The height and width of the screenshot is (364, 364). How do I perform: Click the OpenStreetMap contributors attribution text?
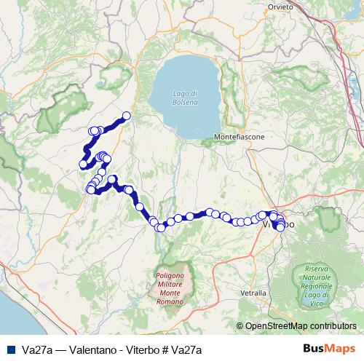tap(300, 326)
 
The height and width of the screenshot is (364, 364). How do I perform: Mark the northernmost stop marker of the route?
tap(126, 115)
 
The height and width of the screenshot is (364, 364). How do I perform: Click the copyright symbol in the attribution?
tap(241, 326)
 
